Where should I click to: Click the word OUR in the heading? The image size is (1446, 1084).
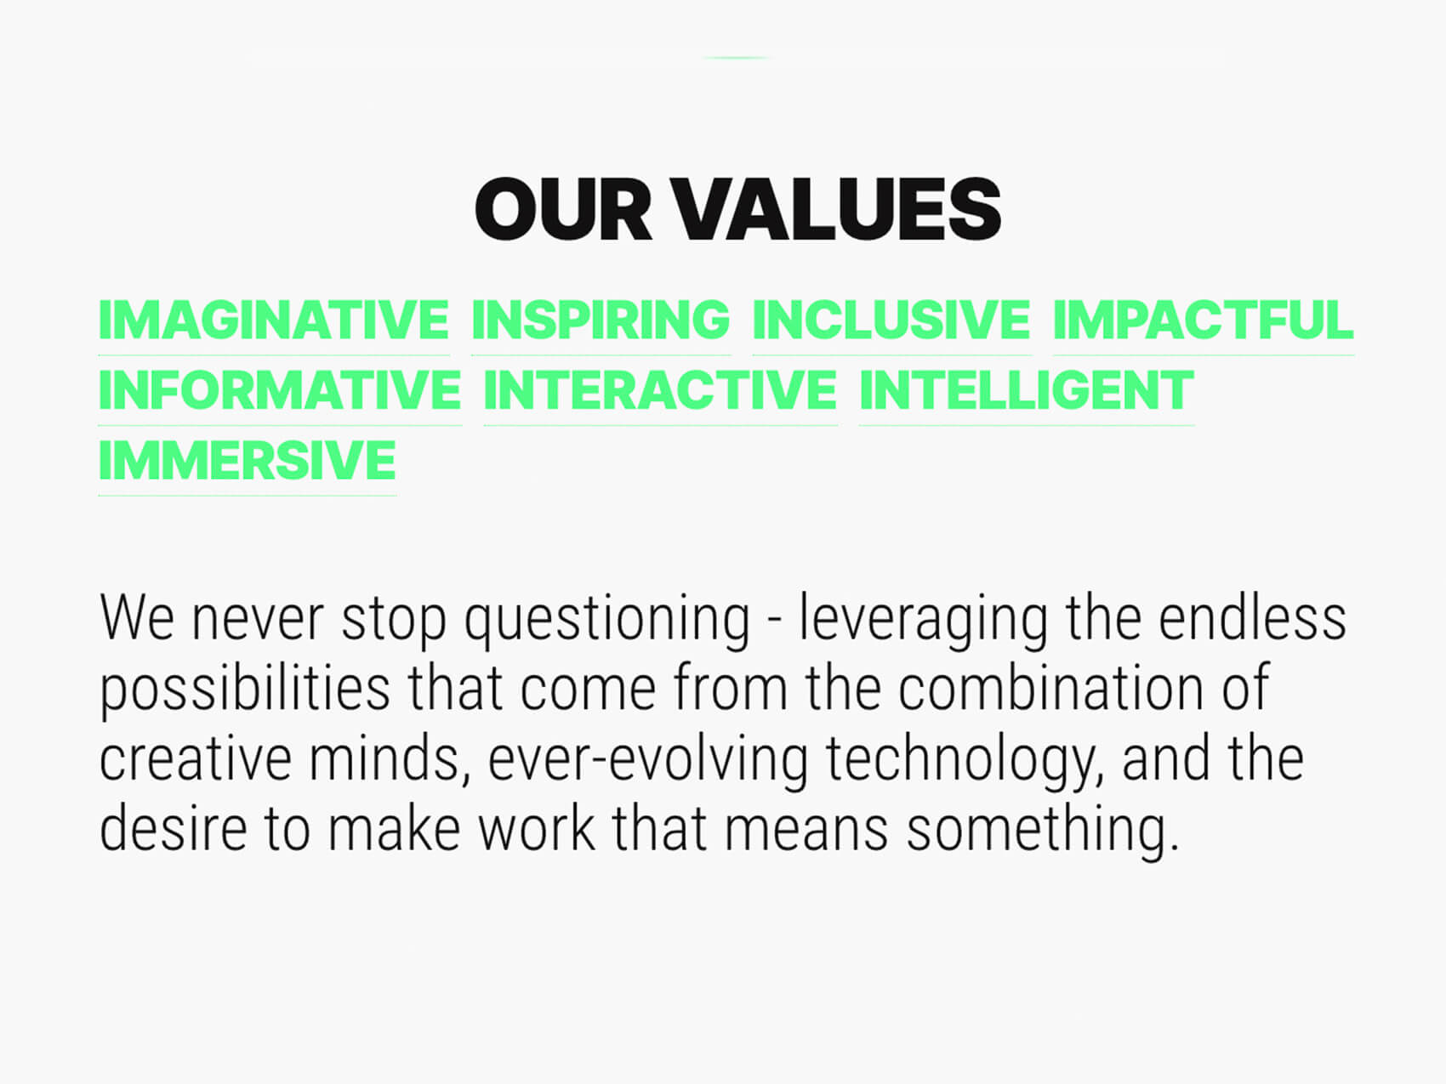pyautogui.click(x=563, y=209)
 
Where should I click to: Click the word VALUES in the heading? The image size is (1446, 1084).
pyautogui.click(x=838, y=209)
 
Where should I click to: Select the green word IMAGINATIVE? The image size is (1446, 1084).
pyautogui.click(x=274, y=320)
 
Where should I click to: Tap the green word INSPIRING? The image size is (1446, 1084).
pyautogui.click(x=601, y=320)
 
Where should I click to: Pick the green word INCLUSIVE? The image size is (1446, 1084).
pyautogui.click(x=891, y=320)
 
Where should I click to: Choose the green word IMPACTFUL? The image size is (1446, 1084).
pyautogui.click(x=1203, y=320)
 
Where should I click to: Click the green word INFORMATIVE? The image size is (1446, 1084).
pyautogui.click(x=280, y=390)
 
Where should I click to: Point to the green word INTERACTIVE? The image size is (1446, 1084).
pyautogui.click(x=661, y=390)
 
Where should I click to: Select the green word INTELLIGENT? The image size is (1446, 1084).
pyautogui.click(x=1027, y=390)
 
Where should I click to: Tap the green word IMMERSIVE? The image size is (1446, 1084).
pyautogui.click(x=248, y=461)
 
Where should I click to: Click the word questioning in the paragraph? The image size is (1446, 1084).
pyautogui.click(x=607, y=621)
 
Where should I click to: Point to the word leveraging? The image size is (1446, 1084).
pyautogui.click(x=923, y=621)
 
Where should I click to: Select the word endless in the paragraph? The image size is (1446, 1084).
pyautogui.click(x=1252, y=617)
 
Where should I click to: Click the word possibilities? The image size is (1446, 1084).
pyautogui.click(x=245, y=691)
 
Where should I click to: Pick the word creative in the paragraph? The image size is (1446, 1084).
pyautogui.click(x=196, y=758)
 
